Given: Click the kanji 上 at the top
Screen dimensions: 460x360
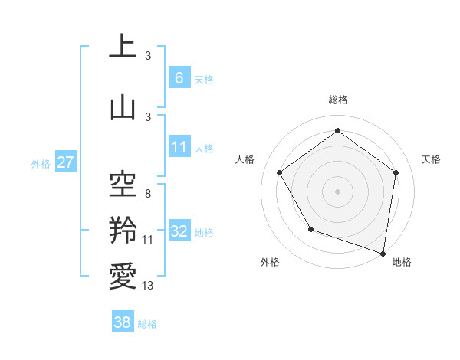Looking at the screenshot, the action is click(x=123, y=47).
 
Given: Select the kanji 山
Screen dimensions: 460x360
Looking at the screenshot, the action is click(x=123, y=106).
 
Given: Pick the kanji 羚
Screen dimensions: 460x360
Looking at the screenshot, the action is click(x=123, y=230).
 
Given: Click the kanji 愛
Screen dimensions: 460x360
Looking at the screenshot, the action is click(x=123, y=276).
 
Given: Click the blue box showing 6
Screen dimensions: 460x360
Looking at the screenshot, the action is click(x=179, y=77).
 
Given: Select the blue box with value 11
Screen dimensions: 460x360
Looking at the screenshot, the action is click(x=179, y=147).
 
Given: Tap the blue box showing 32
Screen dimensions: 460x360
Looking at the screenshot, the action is click(x=179, y=231).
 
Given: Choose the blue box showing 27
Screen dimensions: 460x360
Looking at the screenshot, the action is click(x=65, y=162).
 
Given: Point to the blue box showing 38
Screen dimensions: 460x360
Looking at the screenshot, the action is click(x=123, y=323).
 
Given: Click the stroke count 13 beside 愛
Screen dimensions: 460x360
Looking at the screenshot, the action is click(x=147, y=286).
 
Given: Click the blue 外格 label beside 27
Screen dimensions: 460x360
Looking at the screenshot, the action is click(x=41, y=163).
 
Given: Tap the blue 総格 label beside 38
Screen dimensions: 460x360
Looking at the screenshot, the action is click(x=147, y=324).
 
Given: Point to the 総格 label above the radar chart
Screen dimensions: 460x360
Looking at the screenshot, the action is click(x=337, y=100).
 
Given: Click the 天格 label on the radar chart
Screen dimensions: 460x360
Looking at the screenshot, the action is click(x=432, y=159).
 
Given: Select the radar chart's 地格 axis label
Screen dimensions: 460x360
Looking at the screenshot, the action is click(x=402, y=262).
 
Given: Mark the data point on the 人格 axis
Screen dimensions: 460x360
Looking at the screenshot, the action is click(x=279, y=172).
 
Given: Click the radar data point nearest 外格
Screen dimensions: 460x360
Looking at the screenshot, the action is click(x=310, y=229).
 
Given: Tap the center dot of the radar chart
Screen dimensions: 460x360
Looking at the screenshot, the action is click(x=337, y=191).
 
